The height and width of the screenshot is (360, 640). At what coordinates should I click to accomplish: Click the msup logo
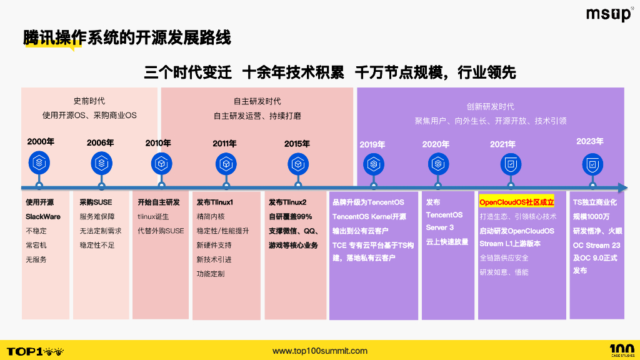(x=608, y=14)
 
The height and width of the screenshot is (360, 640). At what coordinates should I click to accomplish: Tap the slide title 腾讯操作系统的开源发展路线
(x=127, y=37)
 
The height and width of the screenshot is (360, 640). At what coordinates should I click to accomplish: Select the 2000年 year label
(x=41, y=142)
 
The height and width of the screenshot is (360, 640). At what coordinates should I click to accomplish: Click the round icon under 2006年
(x=101, y=164)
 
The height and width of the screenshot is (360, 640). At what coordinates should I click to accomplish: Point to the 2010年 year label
(x=159, y=143)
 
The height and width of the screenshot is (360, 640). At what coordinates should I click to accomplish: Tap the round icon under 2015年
(x=297, y=164)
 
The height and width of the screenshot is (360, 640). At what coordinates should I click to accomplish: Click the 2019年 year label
(x=372, y=145)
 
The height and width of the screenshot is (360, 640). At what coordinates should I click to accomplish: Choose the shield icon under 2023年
(x=592, y=164)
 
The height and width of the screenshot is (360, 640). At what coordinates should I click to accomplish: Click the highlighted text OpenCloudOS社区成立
(x=516, y=202)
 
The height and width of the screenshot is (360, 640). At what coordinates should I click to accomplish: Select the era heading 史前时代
(x=89, y=101)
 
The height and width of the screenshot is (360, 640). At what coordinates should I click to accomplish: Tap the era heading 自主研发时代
(x=257, y=101)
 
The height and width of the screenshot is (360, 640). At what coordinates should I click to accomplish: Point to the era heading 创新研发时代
(x=490, y=106)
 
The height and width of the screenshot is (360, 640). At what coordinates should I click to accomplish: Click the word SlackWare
(x=43, y=216)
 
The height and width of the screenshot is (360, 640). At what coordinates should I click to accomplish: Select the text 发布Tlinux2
(x=287, y=202)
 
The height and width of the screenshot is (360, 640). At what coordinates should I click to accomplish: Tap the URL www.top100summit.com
(x=320, y=351)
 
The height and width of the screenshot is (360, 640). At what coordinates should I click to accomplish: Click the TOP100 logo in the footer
(x=34, y=351)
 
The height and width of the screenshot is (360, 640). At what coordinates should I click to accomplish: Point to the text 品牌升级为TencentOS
(x=368, y=202)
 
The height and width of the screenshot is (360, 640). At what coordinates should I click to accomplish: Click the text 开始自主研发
(x=159, y=202)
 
